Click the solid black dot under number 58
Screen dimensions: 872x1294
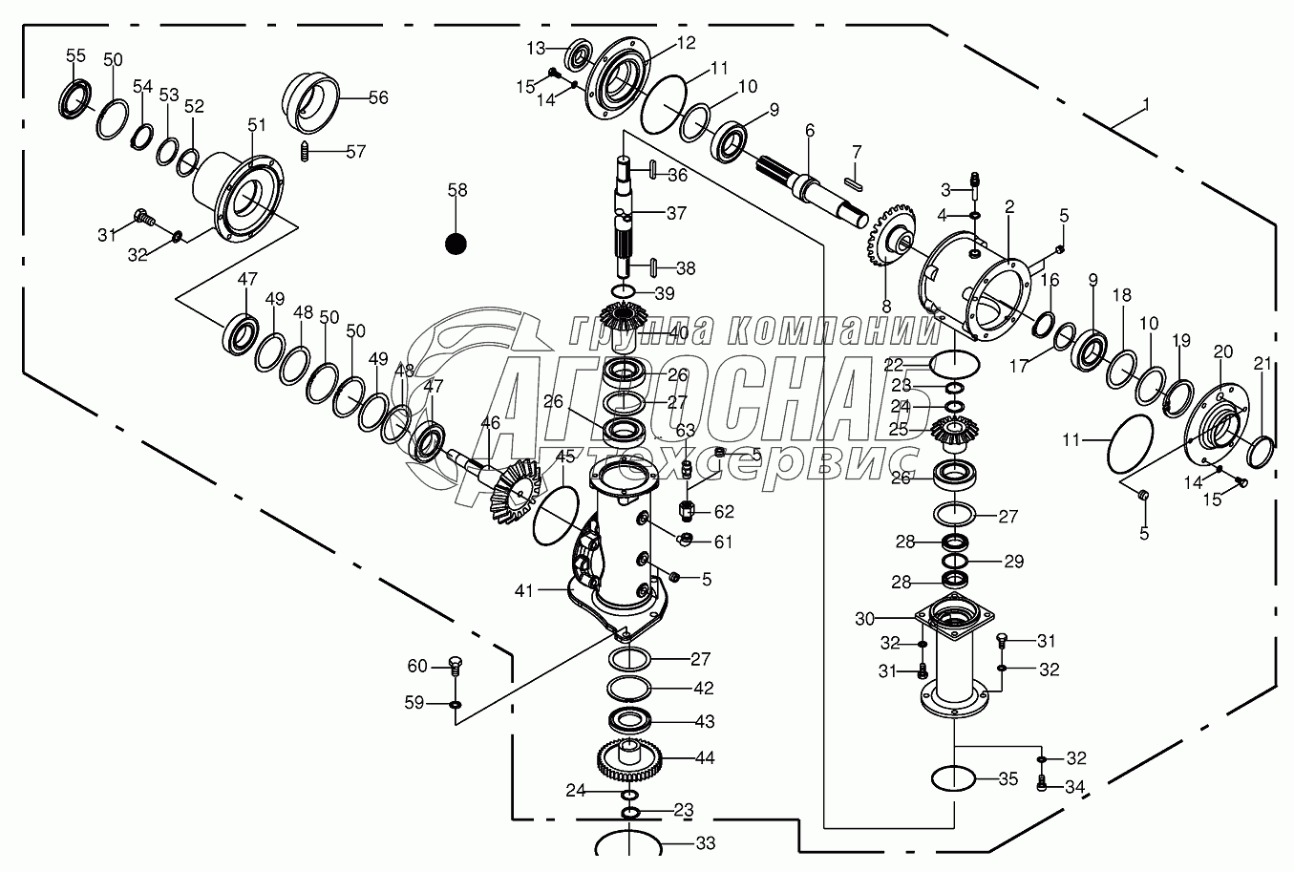point(456,244)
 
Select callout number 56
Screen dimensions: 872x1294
point(378,97)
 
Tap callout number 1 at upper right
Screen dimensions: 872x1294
point(1146,103)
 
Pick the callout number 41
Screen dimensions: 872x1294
point(523,591)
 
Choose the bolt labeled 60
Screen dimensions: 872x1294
point(455,666)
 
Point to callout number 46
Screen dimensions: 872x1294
point(490,422)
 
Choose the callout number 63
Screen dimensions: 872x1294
point(685,430)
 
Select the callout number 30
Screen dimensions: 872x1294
point(864,618)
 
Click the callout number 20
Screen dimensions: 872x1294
point(1223,351)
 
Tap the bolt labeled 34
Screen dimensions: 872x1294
point(1042,784)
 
